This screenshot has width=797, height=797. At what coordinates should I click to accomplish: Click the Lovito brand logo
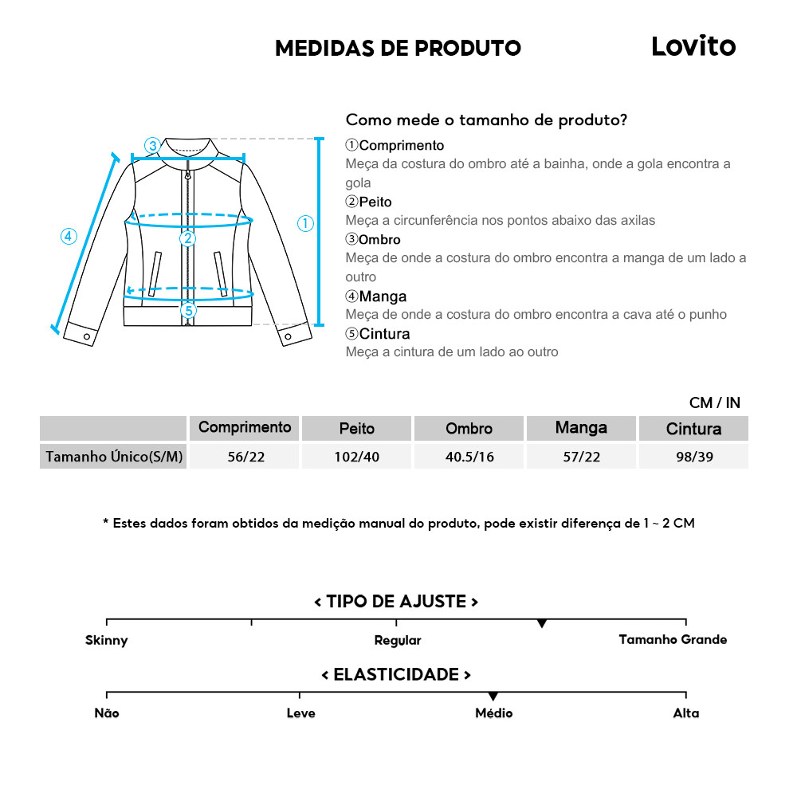click(693, 46)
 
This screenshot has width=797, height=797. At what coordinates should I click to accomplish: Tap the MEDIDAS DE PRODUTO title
click(398, 48)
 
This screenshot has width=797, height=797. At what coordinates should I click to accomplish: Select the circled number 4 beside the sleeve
click(68, 236)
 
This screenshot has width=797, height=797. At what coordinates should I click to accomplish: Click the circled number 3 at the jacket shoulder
click(152, 145)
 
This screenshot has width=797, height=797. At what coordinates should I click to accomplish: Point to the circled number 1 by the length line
click(305, 224)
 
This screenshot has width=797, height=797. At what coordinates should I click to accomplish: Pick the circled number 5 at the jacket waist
click(188, 310)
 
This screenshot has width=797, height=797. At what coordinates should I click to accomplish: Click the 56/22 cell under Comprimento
click(244, 457)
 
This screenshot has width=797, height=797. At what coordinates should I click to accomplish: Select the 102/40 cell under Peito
click(356, 457)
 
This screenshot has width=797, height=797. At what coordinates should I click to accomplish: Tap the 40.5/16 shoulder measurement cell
click(469, 457)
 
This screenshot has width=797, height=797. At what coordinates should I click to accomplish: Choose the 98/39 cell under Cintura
click(693, 457)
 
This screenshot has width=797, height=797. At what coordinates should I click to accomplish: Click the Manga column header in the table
click(581, 428)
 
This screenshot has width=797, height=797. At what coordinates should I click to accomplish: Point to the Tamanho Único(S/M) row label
click(114, 457)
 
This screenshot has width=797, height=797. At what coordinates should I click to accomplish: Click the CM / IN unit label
click(715, 403)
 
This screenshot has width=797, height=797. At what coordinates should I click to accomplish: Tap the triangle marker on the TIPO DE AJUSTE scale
click(542, 623)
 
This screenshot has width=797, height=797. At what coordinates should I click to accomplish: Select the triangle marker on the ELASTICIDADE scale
click(493, 697)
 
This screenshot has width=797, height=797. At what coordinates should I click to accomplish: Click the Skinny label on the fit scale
click(107, 640)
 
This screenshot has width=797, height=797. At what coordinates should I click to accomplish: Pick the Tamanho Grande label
click(673, 639)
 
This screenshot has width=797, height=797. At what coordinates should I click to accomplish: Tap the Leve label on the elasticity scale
click(300, 713)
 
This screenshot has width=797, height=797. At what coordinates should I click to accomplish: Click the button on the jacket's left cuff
click(87, 337)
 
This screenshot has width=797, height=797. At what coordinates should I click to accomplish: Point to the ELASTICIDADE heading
click(396, 675)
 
